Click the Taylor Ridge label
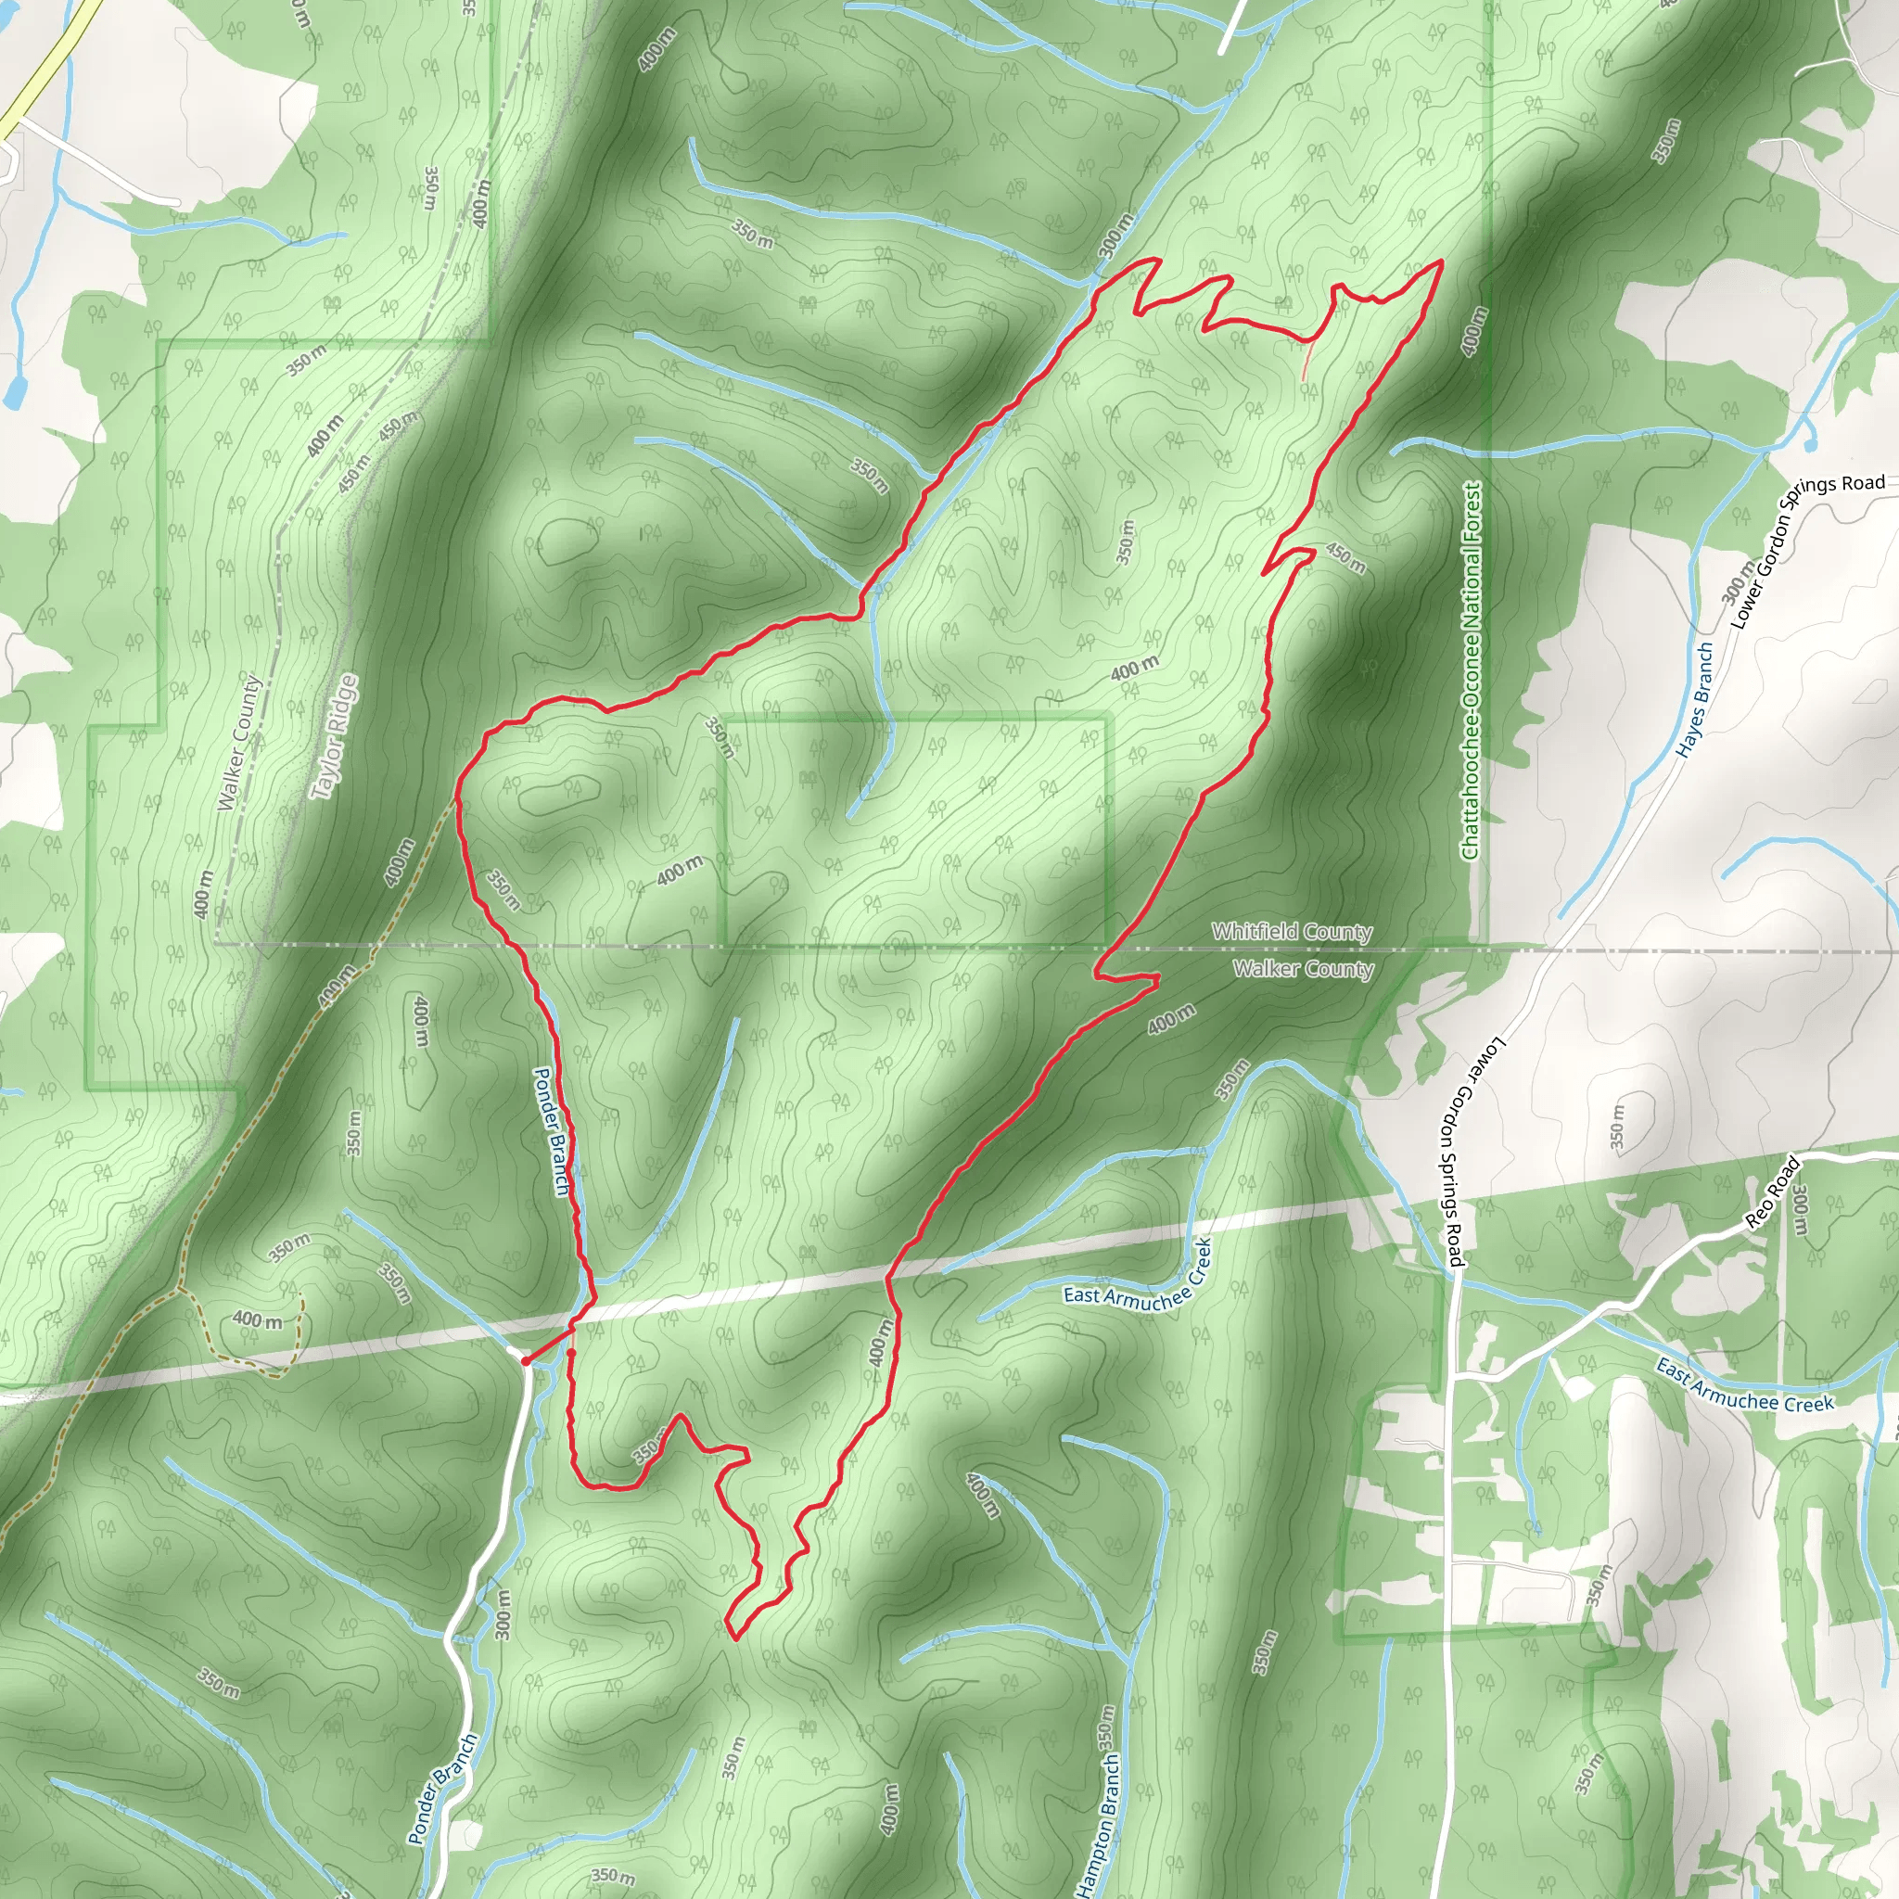coord(333,736)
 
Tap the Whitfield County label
coord(1292,931)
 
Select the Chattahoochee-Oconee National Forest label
coord(1471,670)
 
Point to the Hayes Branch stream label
coord(1695,700)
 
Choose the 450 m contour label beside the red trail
coord(1345,557)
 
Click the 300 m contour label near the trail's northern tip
coord(1115,235)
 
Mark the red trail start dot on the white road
coord(526,1361)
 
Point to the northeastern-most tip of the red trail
coord(1441,261)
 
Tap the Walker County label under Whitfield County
coord(1303,969)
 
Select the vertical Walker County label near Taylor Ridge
coord(240,742)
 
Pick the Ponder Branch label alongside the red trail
coord(552,1131)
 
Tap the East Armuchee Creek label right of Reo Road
coord(1744,1386)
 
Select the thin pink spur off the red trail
coord(1306,362)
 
